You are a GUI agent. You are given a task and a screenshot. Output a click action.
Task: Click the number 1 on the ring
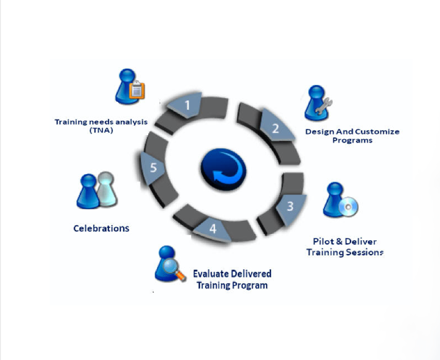(187, 106)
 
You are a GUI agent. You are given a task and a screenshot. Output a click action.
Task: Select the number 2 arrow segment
(276, 128)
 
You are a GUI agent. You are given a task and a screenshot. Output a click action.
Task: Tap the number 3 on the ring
(290, 207)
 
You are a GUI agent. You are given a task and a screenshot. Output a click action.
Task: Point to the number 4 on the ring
(213, 229)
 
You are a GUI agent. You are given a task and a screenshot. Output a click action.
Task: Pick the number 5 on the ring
(153, 168)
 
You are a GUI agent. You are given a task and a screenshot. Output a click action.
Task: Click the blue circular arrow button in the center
(223, 169)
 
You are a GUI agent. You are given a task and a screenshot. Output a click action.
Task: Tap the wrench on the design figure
(324, 105)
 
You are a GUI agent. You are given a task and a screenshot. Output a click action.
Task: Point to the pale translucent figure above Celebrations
(106, 190)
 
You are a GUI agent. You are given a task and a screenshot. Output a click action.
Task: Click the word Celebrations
(101, 228)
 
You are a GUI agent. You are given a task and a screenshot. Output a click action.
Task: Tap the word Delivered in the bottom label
(251, 274)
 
